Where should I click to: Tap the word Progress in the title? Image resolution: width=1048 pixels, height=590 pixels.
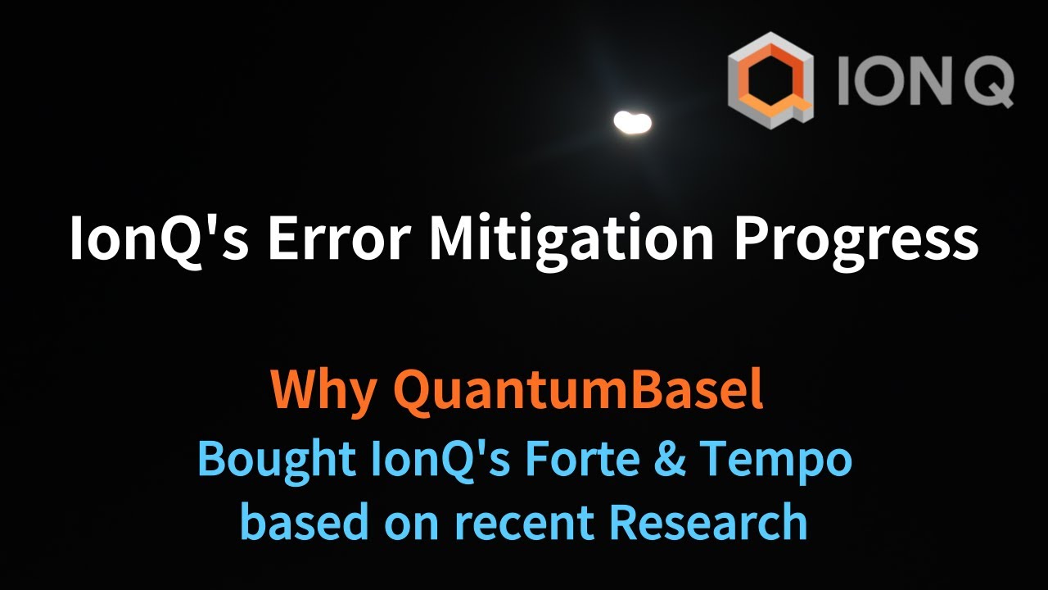point(856,239)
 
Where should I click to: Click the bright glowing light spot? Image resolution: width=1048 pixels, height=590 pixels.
point(632,123)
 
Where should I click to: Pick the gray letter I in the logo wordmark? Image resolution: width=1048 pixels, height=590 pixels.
point(845,82)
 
